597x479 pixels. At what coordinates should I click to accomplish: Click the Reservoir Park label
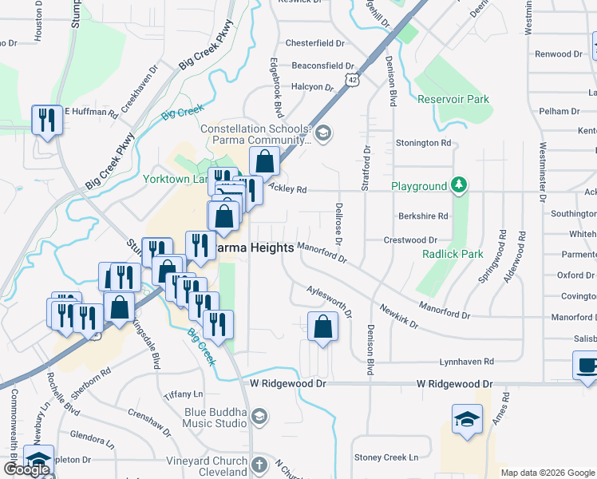[x=453, y=99]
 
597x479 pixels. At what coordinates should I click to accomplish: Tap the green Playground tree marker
[x=458, y=186]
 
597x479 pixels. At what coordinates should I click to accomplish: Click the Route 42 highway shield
[x=352, y=79]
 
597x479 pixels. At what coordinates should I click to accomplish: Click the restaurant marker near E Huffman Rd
[x=46, y=121]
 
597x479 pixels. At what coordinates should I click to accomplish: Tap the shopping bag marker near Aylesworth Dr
[x=322, y=327]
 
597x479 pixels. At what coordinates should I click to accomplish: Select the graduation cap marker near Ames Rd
[x=467, y=419]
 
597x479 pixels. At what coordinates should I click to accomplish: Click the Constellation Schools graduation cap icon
[x=323, y=133]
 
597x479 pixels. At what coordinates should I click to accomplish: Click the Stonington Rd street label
[x=424, y=143]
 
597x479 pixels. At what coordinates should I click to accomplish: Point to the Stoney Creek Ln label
[x=386, y=457]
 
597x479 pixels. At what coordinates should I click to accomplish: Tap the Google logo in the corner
[x=26, y=469]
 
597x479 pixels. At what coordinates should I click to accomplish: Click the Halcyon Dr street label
[x=312, y=87]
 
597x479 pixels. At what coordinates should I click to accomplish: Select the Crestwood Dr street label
[x=410, y=239]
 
